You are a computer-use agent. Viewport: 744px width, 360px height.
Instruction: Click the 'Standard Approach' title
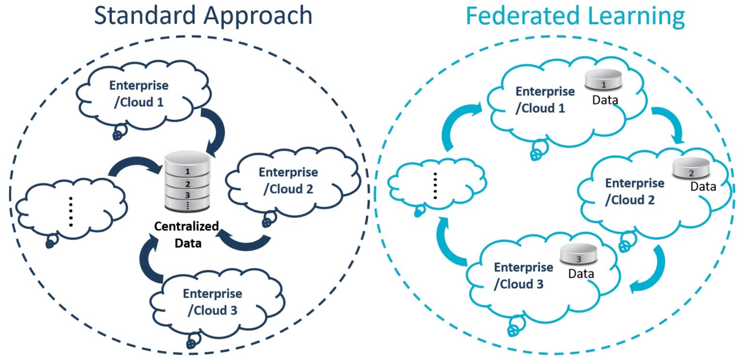coord(203,16)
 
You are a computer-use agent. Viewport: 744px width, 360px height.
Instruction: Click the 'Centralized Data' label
coord(187,235)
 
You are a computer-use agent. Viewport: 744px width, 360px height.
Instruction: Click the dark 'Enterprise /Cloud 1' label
coord(139,94)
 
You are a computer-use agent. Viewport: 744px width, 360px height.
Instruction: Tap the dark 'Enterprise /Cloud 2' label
coord(289,180)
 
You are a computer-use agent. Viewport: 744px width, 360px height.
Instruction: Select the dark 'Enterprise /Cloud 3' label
coord(212,301)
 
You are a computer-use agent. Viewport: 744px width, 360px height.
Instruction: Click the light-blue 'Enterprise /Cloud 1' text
coord(545,100)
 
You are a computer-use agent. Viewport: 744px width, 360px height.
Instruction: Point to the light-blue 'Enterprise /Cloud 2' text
coord(634,191)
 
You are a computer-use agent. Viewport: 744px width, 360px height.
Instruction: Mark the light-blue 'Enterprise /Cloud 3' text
coord(523,275)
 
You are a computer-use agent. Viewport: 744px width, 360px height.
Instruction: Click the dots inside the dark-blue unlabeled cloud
coord(71,212)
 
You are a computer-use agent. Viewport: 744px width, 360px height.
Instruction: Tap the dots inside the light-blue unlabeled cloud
coord(435,186)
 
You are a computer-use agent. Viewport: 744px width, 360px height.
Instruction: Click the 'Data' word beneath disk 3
coord(581,273)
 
